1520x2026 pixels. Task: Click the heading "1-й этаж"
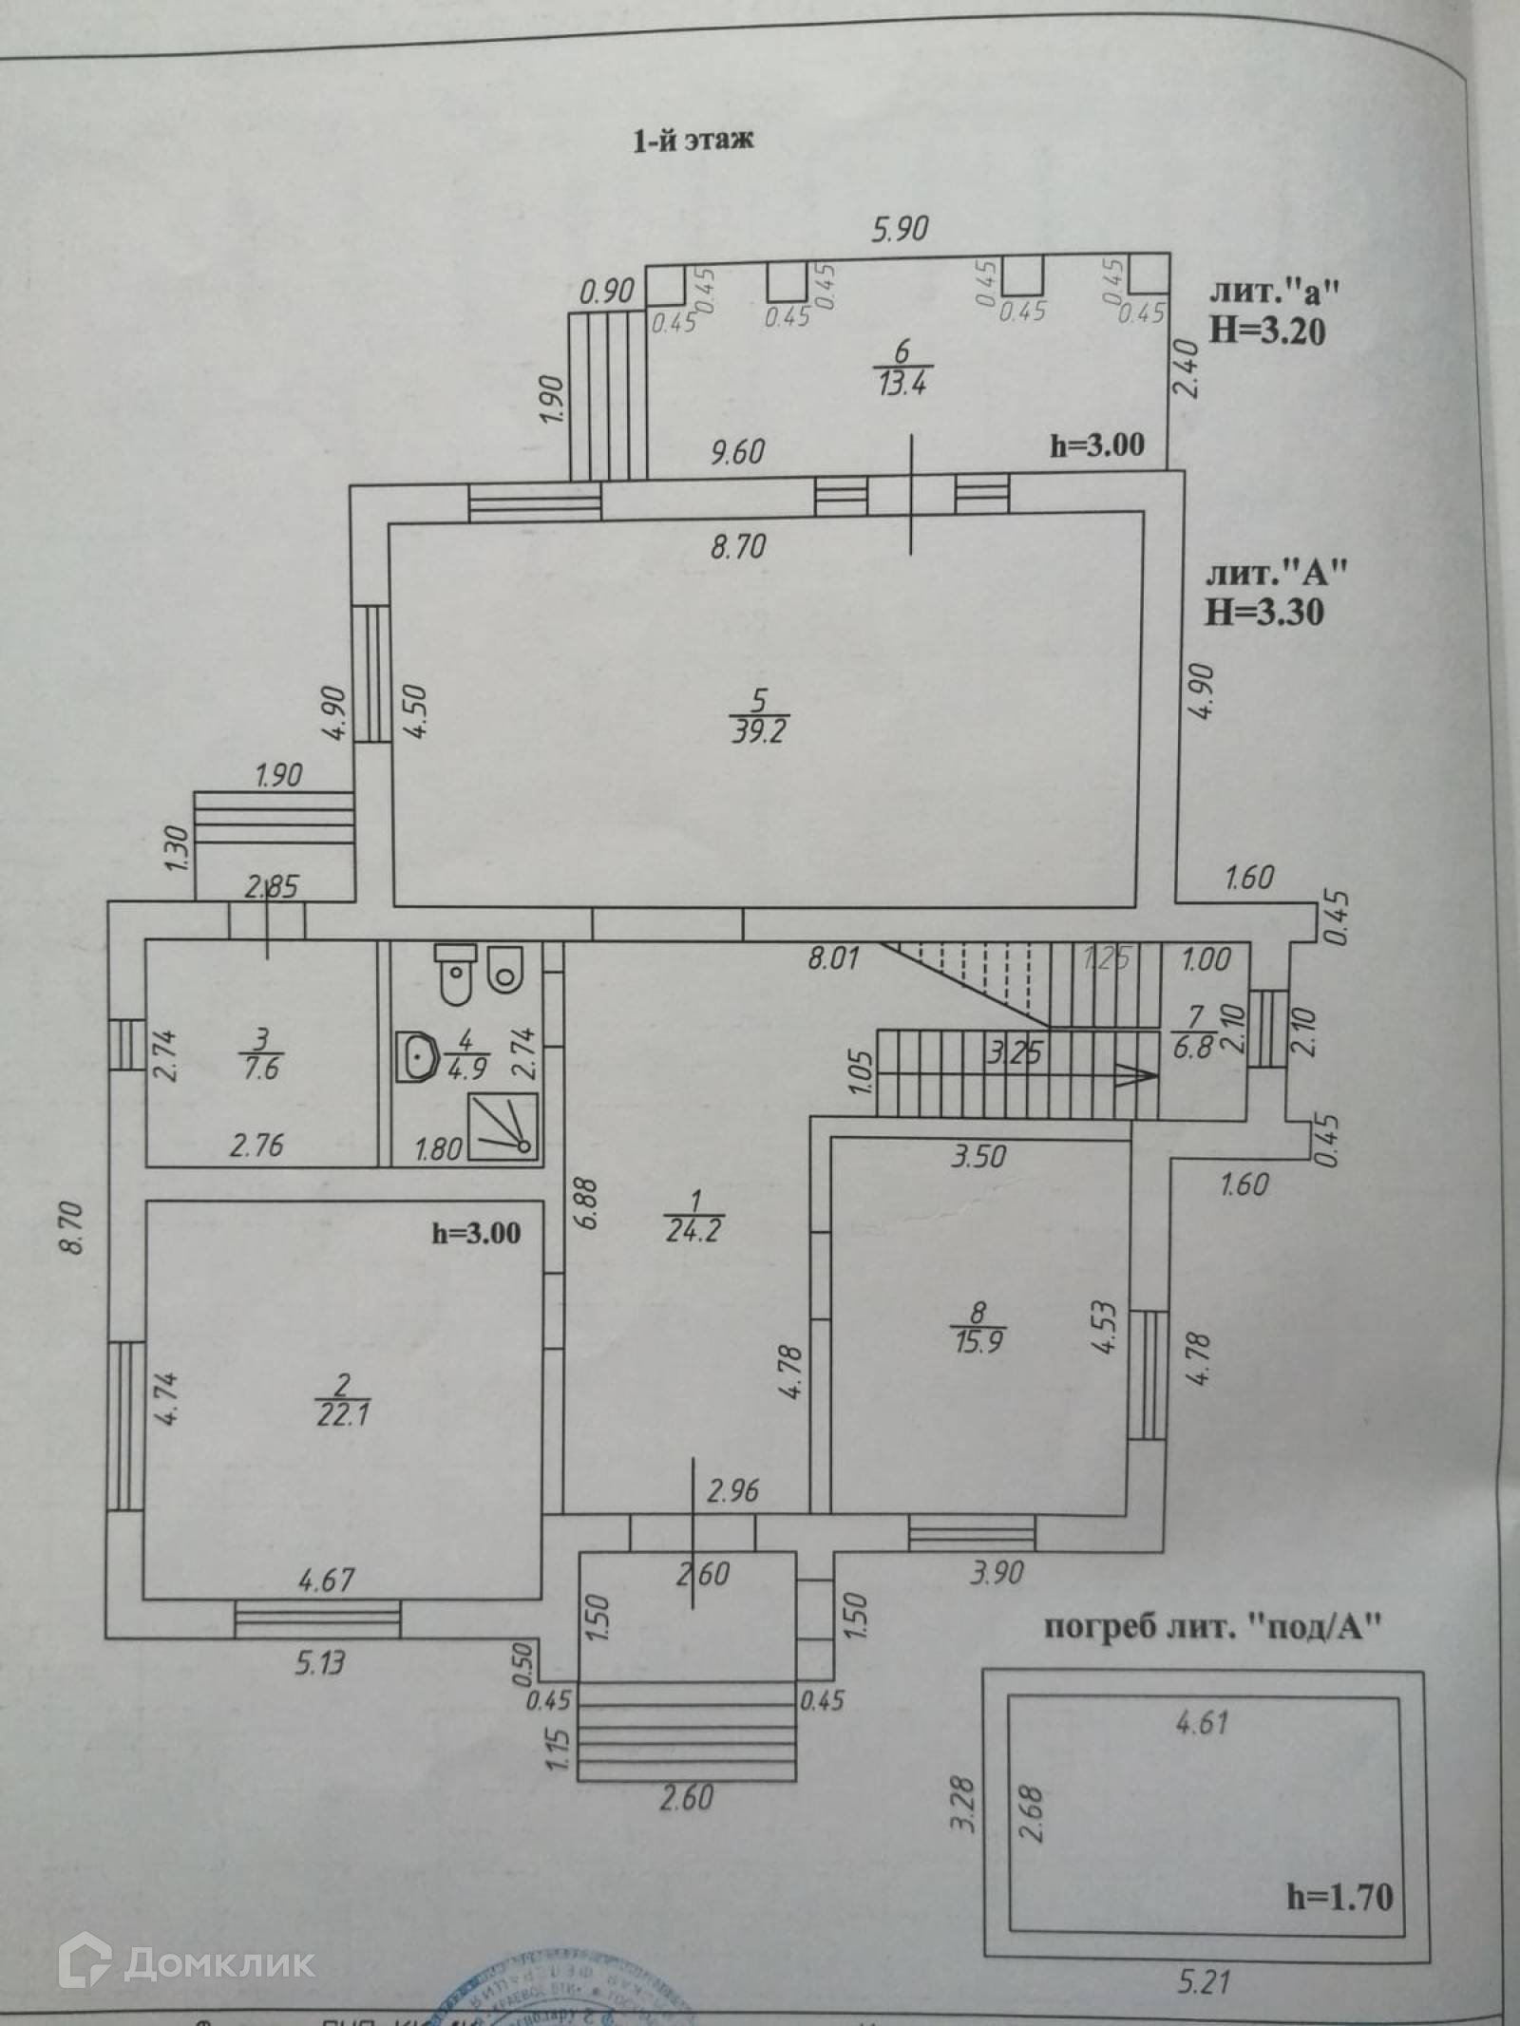[693, 141]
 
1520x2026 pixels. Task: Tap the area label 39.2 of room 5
[757, 731]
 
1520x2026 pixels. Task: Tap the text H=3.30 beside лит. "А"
[1264, 613]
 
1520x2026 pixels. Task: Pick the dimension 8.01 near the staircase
[833, 957]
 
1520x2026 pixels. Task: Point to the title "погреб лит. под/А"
[1211, 1627]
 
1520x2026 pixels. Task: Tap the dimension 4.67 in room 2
[326, 1580]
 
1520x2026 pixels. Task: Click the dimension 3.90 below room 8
[997, 1573]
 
